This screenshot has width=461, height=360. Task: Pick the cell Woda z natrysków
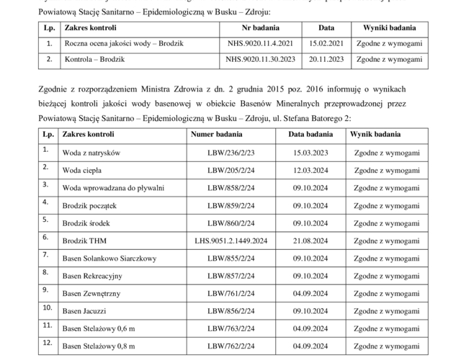tap(91, 153)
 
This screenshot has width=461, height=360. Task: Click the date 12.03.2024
tap(311, 171)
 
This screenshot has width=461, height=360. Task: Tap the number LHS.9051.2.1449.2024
tap(230, 240)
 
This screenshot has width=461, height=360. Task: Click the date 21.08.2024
tap(311, 240)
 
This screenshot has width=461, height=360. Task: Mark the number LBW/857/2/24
tap(230, 276)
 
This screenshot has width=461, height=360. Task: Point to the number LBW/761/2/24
tap(230, 294)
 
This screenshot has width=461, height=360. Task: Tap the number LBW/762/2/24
tap(230, 346)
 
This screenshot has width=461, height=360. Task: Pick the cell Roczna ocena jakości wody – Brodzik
tap(124, 44)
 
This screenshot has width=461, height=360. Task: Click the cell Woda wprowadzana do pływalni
tap(113, 188)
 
